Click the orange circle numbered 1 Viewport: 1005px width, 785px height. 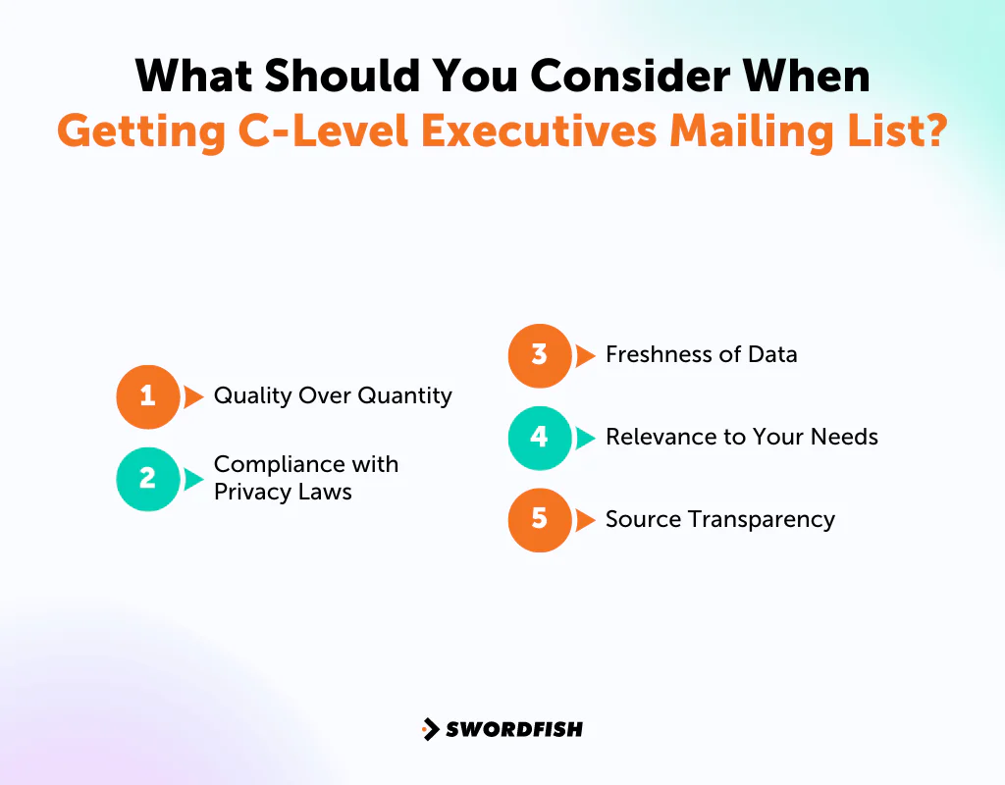(x=147, y=396)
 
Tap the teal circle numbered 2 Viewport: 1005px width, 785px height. (x=147, y=478)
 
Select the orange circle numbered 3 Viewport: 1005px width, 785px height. (x=539, y=355)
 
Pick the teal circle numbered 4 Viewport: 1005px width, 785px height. (x=539, y=437)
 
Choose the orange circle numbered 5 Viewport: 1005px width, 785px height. (x=539, y=519)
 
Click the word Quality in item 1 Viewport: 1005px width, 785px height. (x=246, y=396)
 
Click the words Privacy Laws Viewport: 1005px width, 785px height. (x=283, y=492)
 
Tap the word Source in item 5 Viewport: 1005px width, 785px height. (x=637, y=519)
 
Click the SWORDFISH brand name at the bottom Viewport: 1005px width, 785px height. (x=514, y=729)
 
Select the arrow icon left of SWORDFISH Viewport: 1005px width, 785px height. (x=430, y=729)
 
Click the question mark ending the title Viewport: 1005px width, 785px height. (x=932, y=130)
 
